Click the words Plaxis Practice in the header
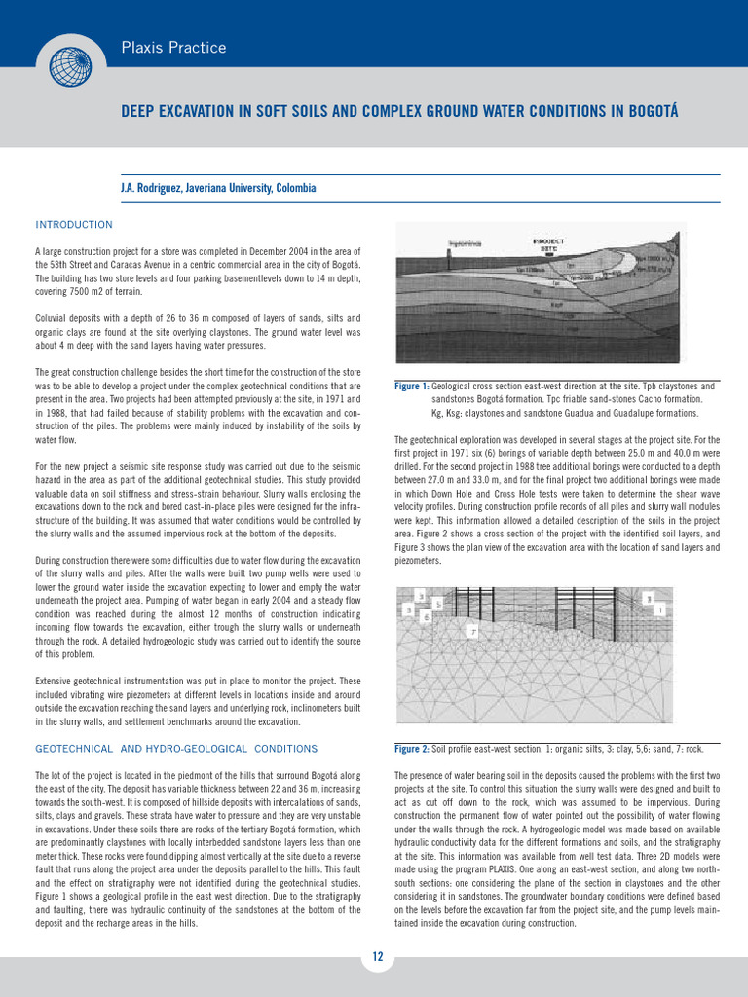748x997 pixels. pos(173,48)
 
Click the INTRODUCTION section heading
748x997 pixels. pos(74,225)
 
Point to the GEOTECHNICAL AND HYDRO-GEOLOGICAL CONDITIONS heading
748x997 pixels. pos(176,749)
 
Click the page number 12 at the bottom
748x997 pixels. pos(377,957)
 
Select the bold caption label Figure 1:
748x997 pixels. pos(411,387)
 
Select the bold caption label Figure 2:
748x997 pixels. pos(411,749)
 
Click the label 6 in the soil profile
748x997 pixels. pos(426,617)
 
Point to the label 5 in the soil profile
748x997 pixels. pos(438,605)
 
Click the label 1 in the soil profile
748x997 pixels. pos(661,610)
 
